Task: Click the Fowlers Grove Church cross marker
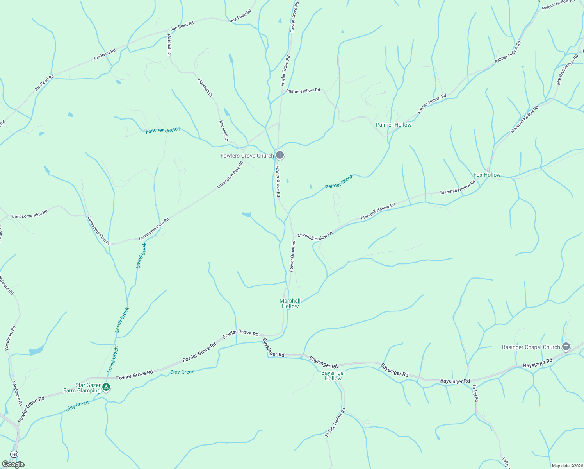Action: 280,155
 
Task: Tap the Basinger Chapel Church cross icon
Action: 566,347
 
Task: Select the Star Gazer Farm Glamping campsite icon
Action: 106,387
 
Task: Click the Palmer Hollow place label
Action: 393,125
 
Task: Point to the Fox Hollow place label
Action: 487,175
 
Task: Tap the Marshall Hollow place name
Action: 290,303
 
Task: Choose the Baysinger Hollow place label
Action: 333,376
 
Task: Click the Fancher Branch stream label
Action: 163,130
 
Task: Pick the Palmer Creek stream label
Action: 339,182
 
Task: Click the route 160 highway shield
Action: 14,455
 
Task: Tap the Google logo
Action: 13,464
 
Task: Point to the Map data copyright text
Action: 567,466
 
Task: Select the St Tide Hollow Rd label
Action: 335,422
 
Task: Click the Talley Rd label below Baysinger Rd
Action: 475,393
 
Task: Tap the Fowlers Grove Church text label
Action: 247,156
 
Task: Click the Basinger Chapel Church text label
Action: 531,347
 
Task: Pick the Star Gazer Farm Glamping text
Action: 82,388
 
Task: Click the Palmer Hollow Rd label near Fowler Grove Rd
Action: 303,91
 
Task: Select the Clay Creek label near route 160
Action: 77,406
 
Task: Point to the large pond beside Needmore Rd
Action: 36,351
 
